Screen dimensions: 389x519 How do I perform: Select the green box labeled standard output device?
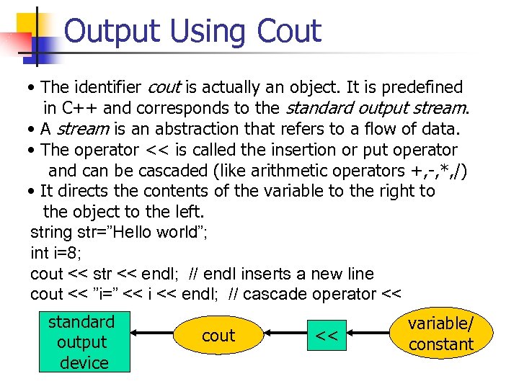84,342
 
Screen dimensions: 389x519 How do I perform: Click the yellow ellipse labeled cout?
218,336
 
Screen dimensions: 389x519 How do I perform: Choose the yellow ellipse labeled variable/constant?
440,334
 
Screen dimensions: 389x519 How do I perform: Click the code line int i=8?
56,253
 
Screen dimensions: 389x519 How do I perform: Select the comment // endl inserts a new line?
281,274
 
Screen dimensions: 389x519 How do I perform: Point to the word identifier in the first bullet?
107,87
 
